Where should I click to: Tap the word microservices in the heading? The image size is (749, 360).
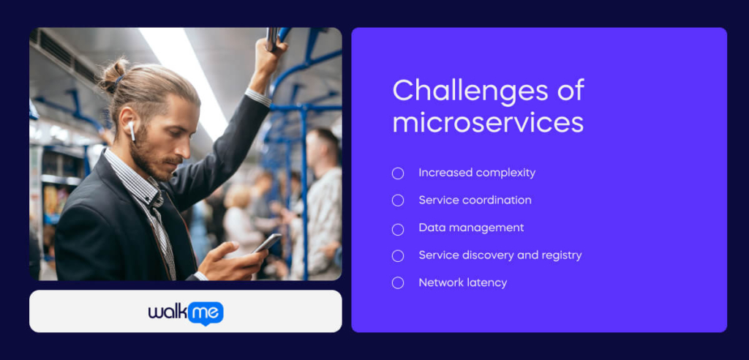point(488,122)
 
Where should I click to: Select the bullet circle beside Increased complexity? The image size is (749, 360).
point(398,173)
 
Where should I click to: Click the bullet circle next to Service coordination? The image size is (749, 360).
point(398,200)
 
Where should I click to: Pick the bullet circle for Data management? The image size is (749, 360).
point(398,228)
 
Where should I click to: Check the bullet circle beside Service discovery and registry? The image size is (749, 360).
point(398,255)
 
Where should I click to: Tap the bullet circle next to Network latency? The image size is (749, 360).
point(398,282)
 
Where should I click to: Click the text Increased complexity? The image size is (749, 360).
point(477,173)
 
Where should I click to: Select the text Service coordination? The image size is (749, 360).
point(475,200)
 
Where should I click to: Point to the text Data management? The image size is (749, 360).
point(471,228)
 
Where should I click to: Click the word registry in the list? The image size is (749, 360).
point(560,255)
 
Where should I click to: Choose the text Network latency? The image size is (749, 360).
point(462,282)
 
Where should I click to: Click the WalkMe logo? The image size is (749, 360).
point(186,312)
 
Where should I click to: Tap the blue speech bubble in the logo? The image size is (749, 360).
point(206,312)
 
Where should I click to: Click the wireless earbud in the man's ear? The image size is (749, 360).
point(132,132)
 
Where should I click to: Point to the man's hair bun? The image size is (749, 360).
point(113,74)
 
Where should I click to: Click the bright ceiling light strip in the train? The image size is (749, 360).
point(183,73)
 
